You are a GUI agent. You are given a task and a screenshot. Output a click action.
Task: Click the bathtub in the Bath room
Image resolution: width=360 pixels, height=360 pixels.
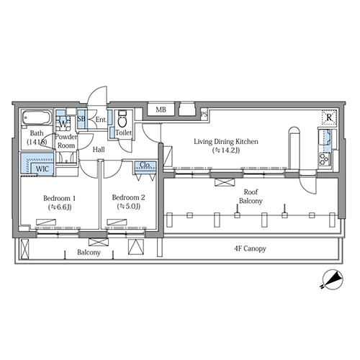pyautogui.click(x=37, y=117)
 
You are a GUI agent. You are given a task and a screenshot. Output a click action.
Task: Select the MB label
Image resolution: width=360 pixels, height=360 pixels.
pyautogui.click(x=161, y=109)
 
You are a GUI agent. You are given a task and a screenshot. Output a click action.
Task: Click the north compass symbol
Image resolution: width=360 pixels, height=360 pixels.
pyautogui.click(x=333, y=279)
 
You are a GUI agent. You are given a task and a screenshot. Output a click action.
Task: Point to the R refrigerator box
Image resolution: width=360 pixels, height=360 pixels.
pyautogui.click(x=329, y=117)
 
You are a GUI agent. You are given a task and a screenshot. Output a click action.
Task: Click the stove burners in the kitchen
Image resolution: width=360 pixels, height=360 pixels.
pyautogui.click(x=325, y=159)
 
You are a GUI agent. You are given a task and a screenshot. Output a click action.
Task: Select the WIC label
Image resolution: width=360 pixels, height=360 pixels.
pyautogui.click(x=42, y=168)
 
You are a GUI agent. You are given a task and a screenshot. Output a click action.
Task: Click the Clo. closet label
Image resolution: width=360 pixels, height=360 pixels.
pyautogui.click(x=145, y=165)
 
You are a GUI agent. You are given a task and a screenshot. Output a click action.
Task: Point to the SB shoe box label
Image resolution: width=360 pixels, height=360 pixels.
pyautogui.click(x=81, y=119)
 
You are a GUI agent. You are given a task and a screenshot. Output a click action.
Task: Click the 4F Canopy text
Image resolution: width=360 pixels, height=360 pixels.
pyautogui.click(x=250, y=248)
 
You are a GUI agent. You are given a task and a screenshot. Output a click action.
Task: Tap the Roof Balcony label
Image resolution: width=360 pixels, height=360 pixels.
pyautogui.click(x=251, y=197)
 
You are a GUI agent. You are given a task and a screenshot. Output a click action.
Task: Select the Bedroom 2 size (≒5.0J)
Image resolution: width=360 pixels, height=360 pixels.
pyautogui.click(x=129, y=206)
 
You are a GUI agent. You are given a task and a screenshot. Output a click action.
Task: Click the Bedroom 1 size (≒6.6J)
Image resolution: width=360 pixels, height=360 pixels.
pyautogui.click(x=60, y=207)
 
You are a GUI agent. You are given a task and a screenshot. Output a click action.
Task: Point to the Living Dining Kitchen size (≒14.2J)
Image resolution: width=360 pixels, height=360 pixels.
pyautogui.click(x=226, y=150)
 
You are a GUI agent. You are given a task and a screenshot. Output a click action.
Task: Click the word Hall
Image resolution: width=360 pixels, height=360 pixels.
pyautogui.click(x=99, y=150)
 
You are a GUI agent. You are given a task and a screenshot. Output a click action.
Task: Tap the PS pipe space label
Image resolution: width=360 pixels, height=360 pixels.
pyautogui.click(x=204, y=114)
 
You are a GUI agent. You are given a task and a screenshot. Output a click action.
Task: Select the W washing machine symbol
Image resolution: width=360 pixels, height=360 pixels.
pyautogui.click(x=63, y=124)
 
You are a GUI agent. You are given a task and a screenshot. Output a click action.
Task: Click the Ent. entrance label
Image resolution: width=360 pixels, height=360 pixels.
pyautogui.click(x=101, y=120)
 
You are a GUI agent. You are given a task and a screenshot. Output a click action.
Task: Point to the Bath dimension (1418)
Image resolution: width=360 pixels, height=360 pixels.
pyautogui.click(x=37, y=142)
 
